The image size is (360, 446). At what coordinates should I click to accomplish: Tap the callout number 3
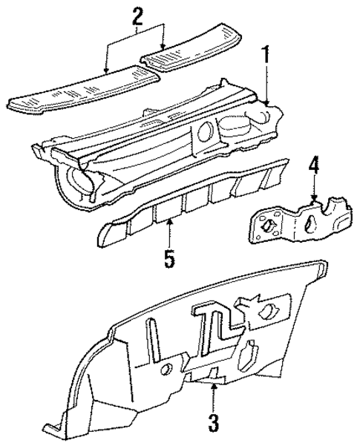[213, 424]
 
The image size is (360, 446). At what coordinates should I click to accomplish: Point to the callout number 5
[170, 260]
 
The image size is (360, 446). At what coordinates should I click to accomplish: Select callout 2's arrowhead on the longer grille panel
[107, 72]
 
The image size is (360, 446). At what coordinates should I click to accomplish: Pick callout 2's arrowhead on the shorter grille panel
[162, 51]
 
